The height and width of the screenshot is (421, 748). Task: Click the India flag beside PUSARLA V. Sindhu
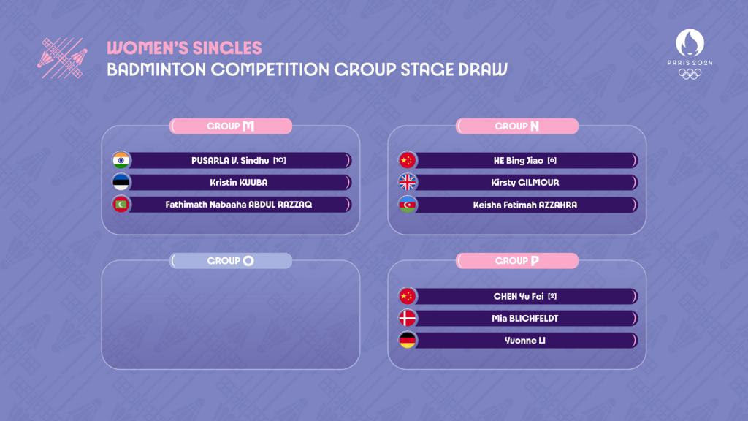tap(121, 160)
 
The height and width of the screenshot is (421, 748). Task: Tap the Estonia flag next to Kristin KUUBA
tap(121, 182)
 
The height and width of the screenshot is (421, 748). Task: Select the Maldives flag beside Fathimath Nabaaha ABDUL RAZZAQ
tap(121, 205)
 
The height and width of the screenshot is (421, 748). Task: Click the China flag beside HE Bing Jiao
tap(408, 160)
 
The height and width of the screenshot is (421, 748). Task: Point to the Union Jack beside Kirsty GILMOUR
tap(408, 182)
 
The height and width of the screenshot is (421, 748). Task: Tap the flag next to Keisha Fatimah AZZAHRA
tap(408, 205)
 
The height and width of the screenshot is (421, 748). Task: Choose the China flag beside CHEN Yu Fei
tap(408, 297)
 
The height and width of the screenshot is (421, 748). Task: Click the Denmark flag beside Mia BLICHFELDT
tap(408, 319)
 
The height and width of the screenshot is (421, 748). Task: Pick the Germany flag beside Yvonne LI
tap(408, 341)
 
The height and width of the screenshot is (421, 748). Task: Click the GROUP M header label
tap(231, 126)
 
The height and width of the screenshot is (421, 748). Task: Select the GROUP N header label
tap(517, 126)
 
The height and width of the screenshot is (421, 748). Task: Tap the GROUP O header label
tap(231, 261)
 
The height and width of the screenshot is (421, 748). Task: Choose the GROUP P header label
tap(517, 261)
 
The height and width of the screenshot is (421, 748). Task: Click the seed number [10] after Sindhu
tap(280, 160)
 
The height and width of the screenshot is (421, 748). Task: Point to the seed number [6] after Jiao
tap(552, 160)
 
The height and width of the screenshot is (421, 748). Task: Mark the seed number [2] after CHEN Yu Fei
tap(552, 297)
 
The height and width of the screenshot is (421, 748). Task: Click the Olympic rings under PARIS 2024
tap(690, 74)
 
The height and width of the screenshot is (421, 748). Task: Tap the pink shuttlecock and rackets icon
tap(63, 58)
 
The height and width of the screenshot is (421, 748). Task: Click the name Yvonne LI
tap(525, 341)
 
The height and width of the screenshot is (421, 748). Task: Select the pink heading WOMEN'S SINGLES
tap(184, 48)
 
